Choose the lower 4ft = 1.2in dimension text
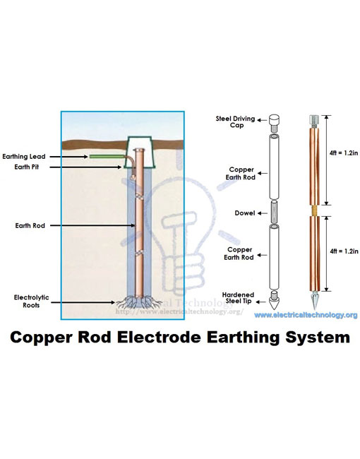tap(342, 251)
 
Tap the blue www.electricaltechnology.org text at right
tap(306, 315)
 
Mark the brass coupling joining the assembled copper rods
tap(313, 210)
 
